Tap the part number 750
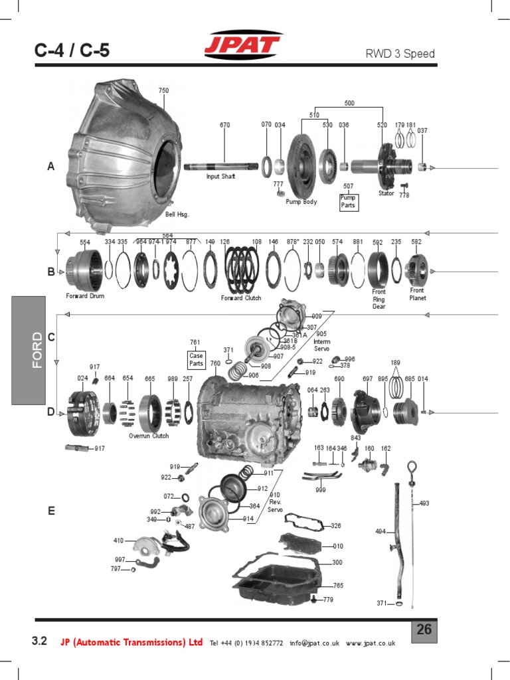[163, 90]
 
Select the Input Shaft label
[220, 177]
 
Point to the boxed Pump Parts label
[348, 202]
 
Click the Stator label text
[386, 194]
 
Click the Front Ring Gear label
[379, 299]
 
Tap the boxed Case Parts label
[196, 360]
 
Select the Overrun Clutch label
[149, 436]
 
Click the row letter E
[51, 511]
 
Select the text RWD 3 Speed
[400, 54]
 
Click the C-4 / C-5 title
[72, 50]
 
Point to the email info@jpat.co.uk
[314, 643]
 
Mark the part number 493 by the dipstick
[424, 503]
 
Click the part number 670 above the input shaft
[224, 124]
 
